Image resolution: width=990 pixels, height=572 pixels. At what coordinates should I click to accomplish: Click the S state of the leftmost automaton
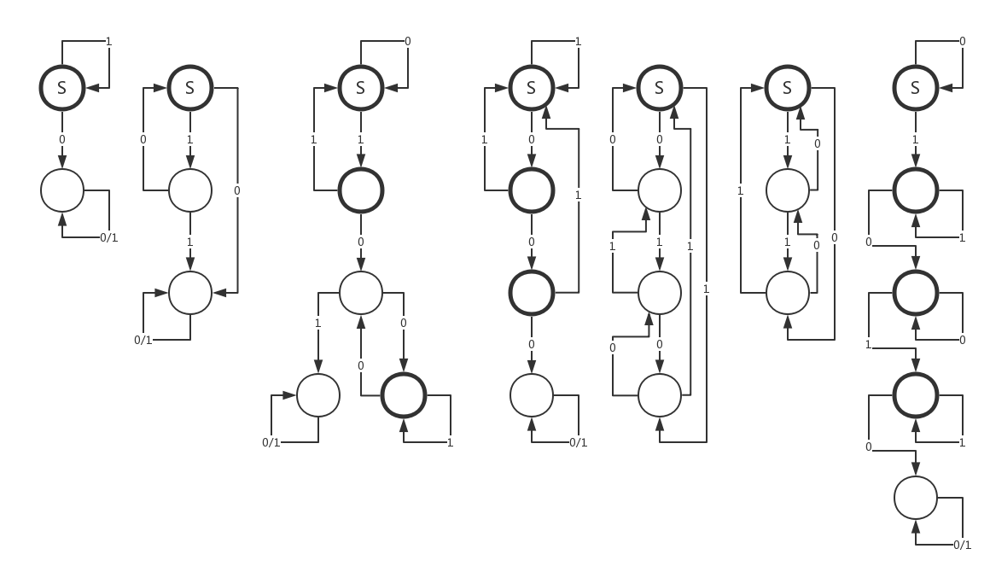(x=62, y=87)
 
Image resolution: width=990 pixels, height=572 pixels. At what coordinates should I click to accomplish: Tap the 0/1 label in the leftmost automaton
(x=108, y=237)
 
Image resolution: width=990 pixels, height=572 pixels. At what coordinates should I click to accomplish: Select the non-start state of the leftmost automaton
(x=62, y=190)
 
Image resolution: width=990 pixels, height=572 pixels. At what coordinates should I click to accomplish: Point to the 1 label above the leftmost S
(x=108, y=41)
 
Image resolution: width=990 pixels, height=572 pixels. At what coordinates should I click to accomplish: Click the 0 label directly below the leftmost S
(x=62, y=139)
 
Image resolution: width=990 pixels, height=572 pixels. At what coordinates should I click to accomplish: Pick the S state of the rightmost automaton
(x=916, y=87)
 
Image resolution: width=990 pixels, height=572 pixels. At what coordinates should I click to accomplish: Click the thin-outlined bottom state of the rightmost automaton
(x=916, y=498)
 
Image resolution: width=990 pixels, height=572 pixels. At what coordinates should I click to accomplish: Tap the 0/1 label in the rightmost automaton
(x=962, y=545)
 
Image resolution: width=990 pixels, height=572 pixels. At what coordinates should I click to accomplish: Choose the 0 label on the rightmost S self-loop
(x=962, y=41)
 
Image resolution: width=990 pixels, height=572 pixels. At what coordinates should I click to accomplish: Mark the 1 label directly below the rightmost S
(x=916, y=139)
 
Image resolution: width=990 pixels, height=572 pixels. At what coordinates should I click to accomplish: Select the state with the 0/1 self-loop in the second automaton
(x=190, y=293)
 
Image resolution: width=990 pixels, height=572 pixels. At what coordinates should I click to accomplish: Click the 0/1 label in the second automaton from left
(x=143, y=340)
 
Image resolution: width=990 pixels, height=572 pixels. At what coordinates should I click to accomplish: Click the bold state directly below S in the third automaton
(x=361, y=190)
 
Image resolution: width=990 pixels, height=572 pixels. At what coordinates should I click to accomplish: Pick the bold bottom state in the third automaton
(x=404, y=395)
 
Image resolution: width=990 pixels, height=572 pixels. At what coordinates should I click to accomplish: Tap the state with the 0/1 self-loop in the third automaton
(x=318, y=395)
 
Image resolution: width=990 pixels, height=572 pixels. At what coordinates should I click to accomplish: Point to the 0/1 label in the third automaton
(x=271, y=442)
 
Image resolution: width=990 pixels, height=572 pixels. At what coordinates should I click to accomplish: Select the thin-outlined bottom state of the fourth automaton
(x=532, y=395)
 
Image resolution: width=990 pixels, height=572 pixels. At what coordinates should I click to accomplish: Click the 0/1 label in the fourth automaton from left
(x=578, y=442)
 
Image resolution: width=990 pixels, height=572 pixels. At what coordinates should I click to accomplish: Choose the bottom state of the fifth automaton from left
(x=660, y=395)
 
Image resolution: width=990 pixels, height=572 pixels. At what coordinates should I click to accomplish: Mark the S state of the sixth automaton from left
(x=788, y=87)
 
